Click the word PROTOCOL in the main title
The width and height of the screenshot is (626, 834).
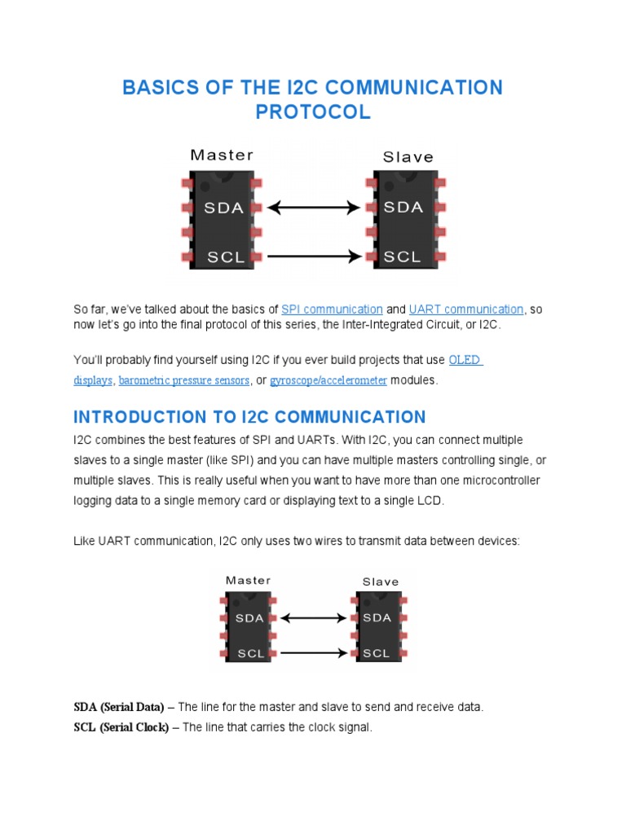313,112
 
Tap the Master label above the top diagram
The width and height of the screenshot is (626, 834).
222,155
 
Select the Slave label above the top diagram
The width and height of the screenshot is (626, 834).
408,157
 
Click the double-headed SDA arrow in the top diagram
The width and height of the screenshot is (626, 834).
314,208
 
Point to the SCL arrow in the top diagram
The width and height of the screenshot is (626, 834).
314,257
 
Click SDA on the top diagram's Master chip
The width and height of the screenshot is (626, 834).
223,208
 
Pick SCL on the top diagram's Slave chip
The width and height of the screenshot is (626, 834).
403,257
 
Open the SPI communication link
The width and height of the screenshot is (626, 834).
332,309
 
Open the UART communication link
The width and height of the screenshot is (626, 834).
466,309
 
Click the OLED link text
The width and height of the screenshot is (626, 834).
465,360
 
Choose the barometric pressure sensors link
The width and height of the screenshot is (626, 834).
184,380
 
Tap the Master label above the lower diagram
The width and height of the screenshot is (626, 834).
248,581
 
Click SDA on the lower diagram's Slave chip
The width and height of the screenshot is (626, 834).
377,617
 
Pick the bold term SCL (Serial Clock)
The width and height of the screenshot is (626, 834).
121,727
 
